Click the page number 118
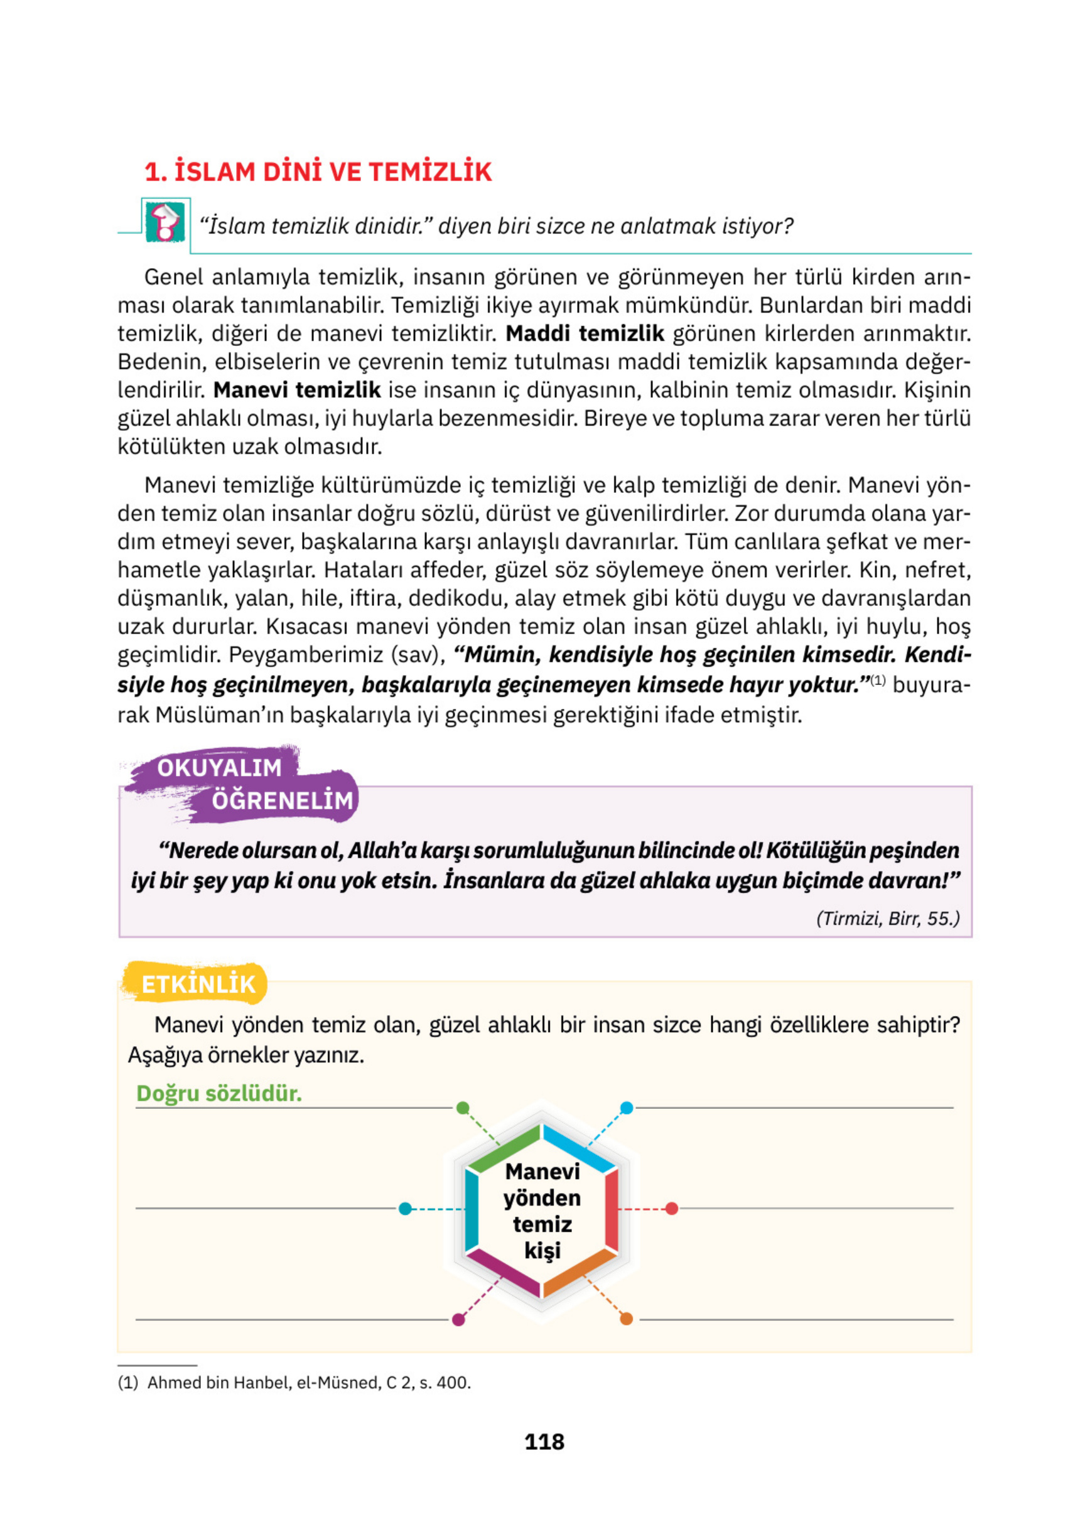point(544,1441)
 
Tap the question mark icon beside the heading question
point(165,222)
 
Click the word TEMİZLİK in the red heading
point(429,171)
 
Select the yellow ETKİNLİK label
point(198,984)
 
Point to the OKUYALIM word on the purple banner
point(219,767)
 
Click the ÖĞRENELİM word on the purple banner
point(283,800)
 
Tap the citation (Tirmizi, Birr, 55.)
point(887,918)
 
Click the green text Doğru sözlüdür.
point(218,1093)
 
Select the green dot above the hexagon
point(463,1108)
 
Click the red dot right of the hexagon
point(672,1209)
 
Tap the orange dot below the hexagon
point(626,1319)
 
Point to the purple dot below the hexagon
point(458,1319)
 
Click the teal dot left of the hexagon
point(405,1209)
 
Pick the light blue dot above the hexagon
point(627,1108)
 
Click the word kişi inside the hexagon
point(542,1250)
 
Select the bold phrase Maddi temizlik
point(584,333)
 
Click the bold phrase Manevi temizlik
point(296,390)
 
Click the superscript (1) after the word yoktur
point(877,680)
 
